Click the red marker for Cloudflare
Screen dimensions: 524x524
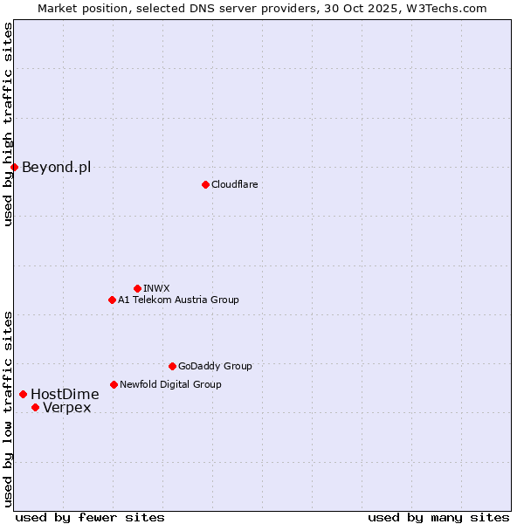click(x=205, y=184)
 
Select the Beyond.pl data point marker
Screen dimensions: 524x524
click(x=15, y=167)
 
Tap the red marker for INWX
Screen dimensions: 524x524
click(x=137, y=288)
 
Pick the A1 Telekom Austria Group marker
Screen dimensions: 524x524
click(x=112, y=300)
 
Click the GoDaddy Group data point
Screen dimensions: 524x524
click(x=172, y=366)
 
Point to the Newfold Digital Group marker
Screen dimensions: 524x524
click(x=114, y=384)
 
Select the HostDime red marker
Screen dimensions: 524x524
click(x=23, y=394)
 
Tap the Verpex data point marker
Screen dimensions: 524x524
click(x=35, y=407)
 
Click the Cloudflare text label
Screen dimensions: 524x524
click(x=234, y=184)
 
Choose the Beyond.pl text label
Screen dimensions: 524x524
click(x=56, y=167)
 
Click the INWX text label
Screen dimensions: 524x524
click(x=156, y=288)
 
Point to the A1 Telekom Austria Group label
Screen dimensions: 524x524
click(x=178, y=300)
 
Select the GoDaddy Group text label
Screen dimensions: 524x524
click(x=215, y=366)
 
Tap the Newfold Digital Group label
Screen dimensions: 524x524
click(x=170, y=384)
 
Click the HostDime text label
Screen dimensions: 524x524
click(x=65, y=394)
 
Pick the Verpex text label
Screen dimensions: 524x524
click(x=66, y=407)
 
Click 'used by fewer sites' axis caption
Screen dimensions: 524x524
click(x=90, y=517)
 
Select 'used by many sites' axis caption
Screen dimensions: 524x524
click(x=438, y=517)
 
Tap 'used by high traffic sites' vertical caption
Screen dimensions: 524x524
click(x=8, y=124)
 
